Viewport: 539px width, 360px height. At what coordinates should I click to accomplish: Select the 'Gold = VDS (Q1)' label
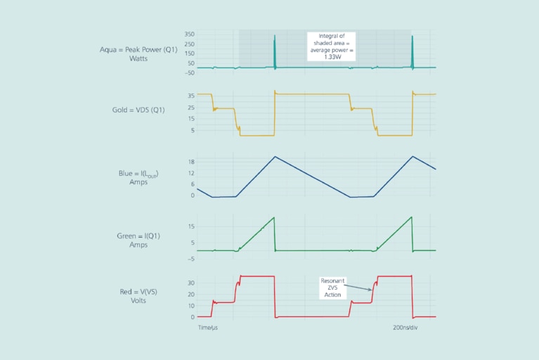(138, 110)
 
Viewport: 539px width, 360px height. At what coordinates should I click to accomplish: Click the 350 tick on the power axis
(190, 34)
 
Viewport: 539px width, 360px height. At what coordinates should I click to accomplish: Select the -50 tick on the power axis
(189, 72)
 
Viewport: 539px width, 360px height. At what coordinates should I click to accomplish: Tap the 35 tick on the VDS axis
(190, 96)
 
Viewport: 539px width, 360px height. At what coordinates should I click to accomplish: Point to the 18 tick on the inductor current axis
(190, 162)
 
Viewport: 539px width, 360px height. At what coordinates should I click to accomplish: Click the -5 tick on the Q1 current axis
(190, 259)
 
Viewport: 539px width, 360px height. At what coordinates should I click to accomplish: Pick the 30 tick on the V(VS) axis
(190, 283)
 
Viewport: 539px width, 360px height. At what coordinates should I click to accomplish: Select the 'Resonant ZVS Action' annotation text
(332, 288)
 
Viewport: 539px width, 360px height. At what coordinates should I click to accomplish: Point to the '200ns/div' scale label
(407, 328)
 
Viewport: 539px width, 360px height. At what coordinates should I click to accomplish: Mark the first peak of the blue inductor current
(275, 156)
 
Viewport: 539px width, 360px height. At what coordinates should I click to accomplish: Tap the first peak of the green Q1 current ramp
(273, 217)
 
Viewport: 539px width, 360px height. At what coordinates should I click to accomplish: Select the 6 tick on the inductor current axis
(192, 184)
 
